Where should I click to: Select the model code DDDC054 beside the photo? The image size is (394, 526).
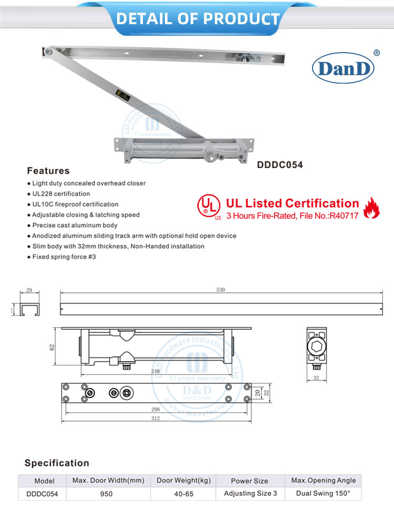point(279,164)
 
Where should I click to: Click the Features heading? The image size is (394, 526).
point(48,171)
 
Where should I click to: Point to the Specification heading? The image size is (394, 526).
point(57,463)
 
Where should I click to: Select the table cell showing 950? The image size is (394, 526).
point(107,494)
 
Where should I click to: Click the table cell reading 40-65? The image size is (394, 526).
point(183,494)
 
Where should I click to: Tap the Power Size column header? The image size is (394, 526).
point(250,481)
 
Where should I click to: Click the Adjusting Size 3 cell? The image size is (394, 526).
point(251,493)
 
